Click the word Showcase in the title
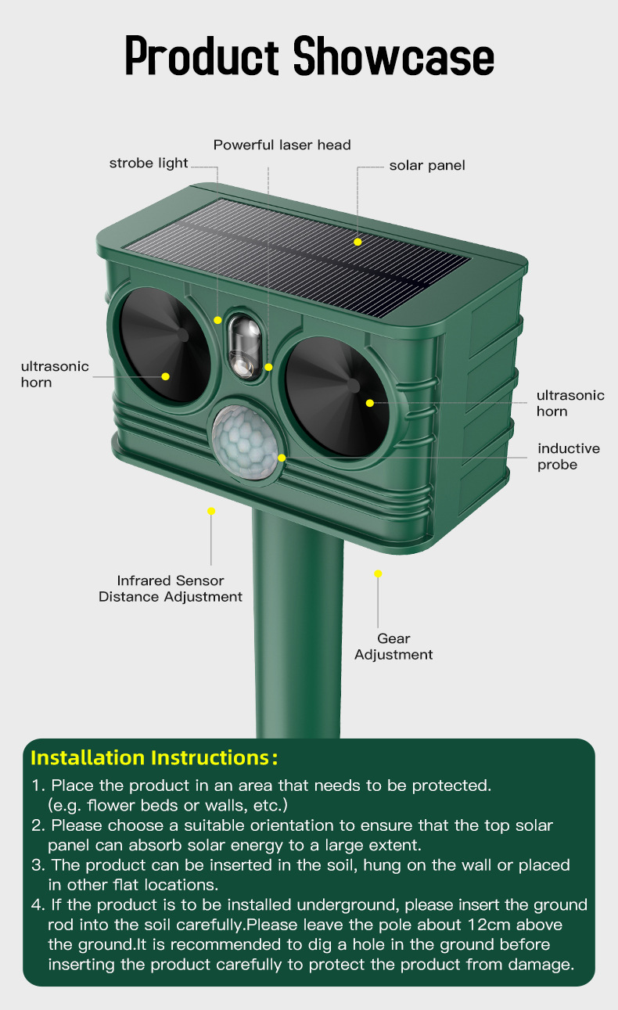coord(393,57)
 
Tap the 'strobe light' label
coord(149,163)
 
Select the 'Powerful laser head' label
coord(282,145)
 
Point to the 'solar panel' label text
coord(427,165)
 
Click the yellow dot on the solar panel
coord(358,242)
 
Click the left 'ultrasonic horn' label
coord(55,374)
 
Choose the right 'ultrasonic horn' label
coord(570,403)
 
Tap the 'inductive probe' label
coord(569,456)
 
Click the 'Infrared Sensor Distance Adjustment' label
coord(170,588)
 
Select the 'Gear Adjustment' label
coord(393,646)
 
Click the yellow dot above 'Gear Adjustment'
coord(378,573)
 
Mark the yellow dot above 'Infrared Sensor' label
coord(211,511)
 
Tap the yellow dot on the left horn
coord(166,376)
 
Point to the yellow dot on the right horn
coord(369,402)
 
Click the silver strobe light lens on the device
coord(242,345)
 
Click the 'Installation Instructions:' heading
coord(154,757)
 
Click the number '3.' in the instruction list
coord(38,865)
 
